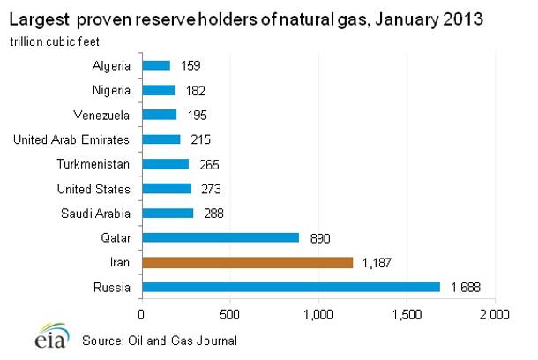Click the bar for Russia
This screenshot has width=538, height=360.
click(x=290, y=287)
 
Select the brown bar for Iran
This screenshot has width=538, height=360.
click(x=247, y=262)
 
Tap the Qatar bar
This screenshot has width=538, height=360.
click(x=220, y=237)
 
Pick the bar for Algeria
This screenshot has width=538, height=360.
click(x=155, y=65)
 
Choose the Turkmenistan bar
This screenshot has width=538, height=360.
click(x=165, y=164)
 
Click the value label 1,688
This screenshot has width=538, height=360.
click(x=464, y=287)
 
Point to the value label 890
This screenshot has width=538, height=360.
click(x=320, y=237)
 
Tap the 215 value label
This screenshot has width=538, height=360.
click(x=202, y=139)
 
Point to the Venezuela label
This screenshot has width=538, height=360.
click(x=104, y=115)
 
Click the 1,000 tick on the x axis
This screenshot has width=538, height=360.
click(x=318, y=312)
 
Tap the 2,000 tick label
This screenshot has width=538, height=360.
click(x=494, y=312)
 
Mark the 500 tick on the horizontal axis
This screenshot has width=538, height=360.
click(x=229, y=312)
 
